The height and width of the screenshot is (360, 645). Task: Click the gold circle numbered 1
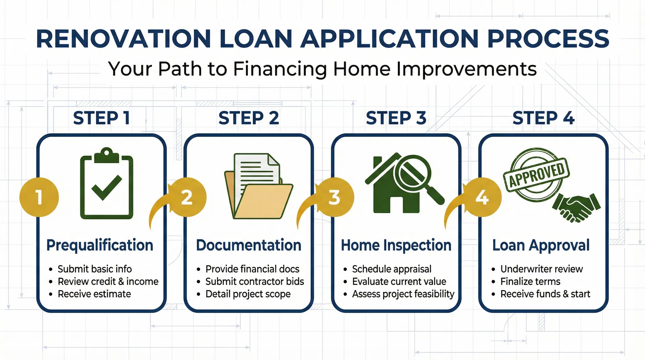point(39,197)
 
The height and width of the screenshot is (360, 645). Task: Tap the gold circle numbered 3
point(334,197)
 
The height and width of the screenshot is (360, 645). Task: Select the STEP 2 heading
point(249,118)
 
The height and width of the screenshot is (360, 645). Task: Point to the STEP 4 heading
point(543,118)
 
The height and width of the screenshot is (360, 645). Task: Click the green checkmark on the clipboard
point(106,187)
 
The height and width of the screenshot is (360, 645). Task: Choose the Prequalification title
point(100,245)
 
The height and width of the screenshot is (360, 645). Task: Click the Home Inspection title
point(396,245)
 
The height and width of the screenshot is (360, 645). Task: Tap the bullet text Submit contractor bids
point(255,281)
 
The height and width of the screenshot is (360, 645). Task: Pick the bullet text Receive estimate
point(94,294)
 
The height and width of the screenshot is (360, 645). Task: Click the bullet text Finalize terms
point(530,281)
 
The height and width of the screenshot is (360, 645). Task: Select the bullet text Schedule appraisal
point(392,269)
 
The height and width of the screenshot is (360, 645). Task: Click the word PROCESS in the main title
point(548,39)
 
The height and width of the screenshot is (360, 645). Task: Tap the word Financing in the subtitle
point(280,69)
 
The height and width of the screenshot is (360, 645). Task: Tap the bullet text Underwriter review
point(542,269)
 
